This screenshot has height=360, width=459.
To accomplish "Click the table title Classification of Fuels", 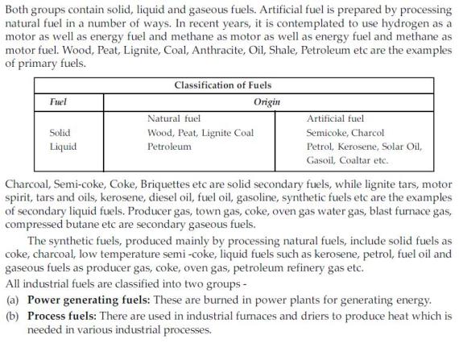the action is pos(222,85).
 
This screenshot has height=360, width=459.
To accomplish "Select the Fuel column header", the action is pos(58,102).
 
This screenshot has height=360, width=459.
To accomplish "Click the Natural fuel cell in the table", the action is pos(174,118).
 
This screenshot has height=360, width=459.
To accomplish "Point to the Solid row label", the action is pos(60,132).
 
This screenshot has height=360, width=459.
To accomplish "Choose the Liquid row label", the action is pos(63,147).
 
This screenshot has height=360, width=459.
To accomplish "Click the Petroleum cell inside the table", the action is pos(169,147).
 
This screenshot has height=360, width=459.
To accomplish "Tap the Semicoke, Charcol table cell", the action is pos(345,132).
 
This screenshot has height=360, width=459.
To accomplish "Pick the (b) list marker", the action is pos(12,314).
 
